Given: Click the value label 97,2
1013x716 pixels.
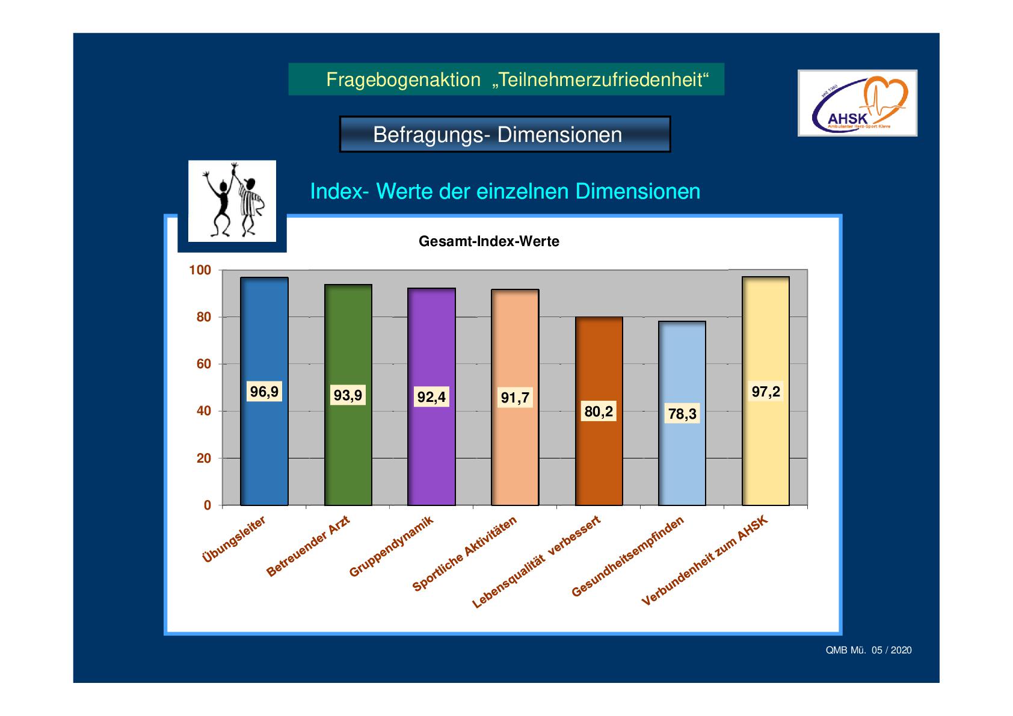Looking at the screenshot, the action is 766,391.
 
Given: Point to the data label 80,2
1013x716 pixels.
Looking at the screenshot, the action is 599,412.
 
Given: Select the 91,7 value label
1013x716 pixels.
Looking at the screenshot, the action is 515,398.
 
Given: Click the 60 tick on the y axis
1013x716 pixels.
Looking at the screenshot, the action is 203,364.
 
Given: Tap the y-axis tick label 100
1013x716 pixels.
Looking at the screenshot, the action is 200,270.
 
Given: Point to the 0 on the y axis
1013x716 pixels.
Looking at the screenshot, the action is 207,505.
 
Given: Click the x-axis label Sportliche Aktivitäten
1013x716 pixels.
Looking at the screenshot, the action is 464,554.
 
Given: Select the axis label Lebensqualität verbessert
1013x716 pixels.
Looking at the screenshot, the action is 536,562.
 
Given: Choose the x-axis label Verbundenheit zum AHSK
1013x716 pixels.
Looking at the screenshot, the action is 704,560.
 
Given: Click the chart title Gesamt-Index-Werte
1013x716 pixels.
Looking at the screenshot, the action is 489,241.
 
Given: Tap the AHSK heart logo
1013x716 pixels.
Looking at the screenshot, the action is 857,103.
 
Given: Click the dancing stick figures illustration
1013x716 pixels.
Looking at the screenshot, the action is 232,202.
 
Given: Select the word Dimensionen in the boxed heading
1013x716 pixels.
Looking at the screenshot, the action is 560,135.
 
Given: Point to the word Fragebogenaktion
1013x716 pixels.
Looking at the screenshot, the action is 404,80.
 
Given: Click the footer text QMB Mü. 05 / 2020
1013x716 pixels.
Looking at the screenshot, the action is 868,650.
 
